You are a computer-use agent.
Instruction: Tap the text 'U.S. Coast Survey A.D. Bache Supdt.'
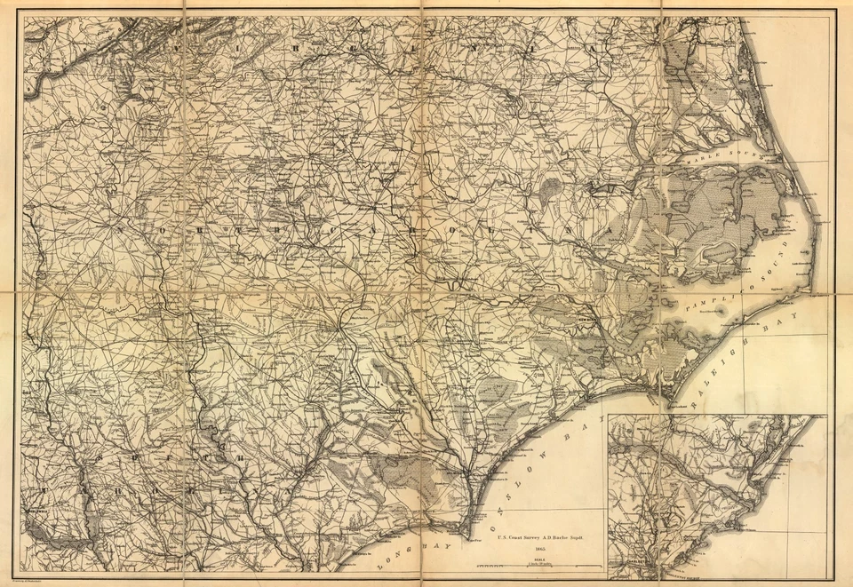[540, 537]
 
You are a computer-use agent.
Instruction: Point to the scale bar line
[540, 567]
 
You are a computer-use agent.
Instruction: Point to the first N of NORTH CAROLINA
[116, 226]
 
